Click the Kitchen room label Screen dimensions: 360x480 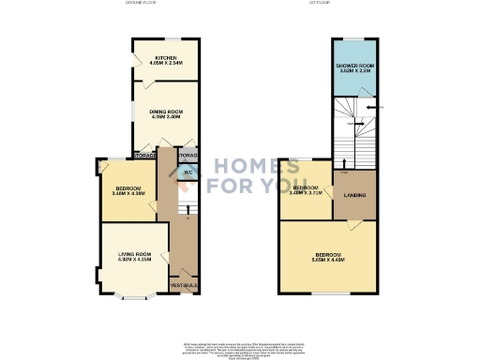point(165,57)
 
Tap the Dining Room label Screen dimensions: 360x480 point(165,112)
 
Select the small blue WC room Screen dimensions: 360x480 point(187,172)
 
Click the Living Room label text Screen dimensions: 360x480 point(134,254)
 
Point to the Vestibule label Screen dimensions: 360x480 point(184,284)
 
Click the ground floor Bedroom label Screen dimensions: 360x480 point(127,187)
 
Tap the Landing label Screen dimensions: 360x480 point(355,195)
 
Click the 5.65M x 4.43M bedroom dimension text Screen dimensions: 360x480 point(327,261)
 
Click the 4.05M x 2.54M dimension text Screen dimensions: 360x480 point(165,63)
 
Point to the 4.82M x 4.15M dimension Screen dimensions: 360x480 point(134,260)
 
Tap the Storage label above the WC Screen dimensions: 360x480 point(187,155)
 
